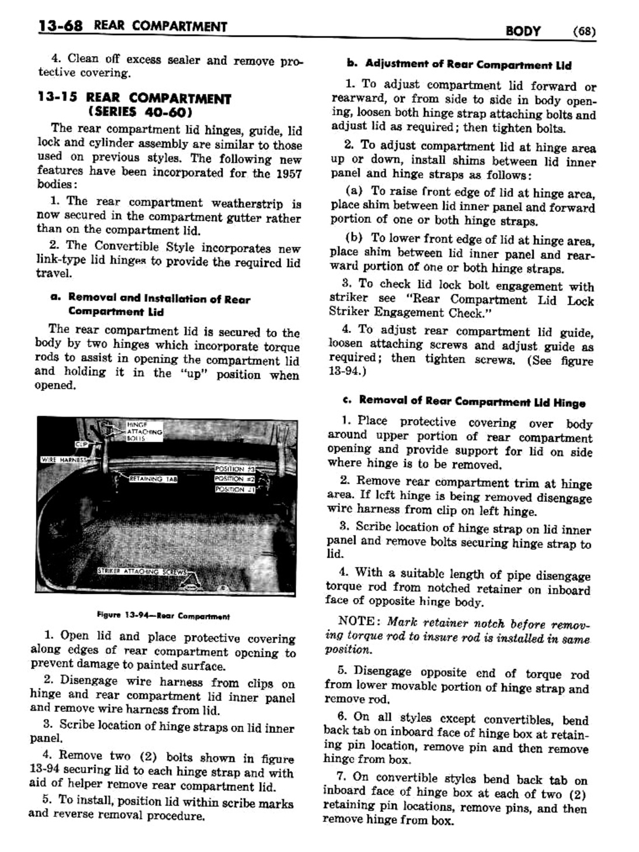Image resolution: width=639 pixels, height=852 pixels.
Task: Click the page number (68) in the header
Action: tap(584, 31)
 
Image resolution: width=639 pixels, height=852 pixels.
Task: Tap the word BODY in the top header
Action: tap(523, 31)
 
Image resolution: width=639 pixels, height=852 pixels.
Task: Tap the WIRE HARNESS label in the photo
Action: tap(62, 459)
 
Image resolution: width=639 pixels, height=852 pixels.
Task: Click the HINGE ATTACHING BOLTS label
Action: tap(144, 432)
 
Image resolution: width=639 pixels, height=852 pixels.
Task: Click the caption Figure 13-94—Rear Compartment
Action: tap(164, 616)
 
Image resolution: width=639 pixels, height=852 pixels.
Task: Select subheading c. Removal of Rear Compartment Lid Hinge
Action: tap(464, 402)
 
